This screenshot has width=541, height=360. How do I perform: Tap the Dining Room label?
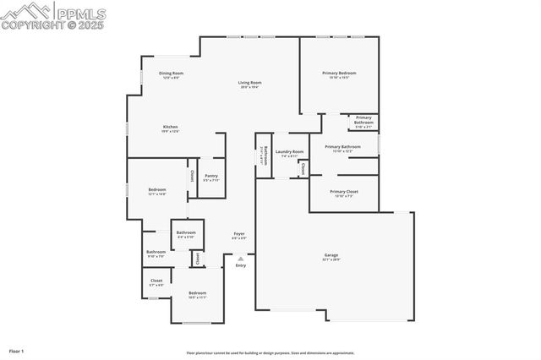pyautogui.click(x=172, y=74)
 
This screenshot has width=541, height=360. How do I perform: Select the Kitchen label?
pyautogui.click(x=170, y=128)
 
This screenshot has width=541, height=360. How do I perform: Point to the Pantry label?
pyautogui.click(x=210, y=177)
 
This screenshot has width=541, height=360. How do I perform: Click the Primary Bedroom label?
pyautogui.click(x=339, y=74)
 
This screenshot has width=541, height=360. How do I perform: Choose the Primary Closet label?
pyautogui.click(x=344, y=193)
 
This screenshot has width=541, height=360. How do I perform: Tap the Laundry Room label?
pyautogui.click(x=289, y=153)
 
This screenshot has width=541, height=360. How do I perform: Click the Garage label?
pyautogui.click(x=331, y=256)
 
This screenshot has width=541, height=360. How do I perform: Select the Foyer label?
pyautogui.click(x=239, y=235)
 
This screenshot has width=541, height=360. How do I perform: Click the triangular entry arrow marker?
pyautogui.click(x=241, y=259)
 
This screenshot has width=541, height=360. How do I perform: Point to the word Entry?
pyautogui.click(x=241, y=266)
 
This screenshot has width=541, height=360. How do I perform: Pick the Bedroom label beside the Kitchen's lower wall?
pyautogui.click(x=157, y=191)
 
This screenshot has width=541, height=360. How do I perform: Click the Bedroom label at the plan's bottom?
pyautogui.click(x=197, y=294)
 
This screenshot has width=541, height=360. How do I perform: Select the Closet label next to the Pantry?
pyautogui.click(x=192, y=177)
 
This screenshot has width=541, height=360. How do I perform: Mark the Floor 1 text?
pyautogui.click(x=17, y=349)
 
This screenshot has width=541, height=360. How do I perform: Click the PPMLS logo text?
pyautogui.click(x=81, y=11)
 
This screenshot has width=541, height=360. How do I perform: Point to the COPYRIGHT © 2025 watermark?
pyautogui.click(x=54, y=25)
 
